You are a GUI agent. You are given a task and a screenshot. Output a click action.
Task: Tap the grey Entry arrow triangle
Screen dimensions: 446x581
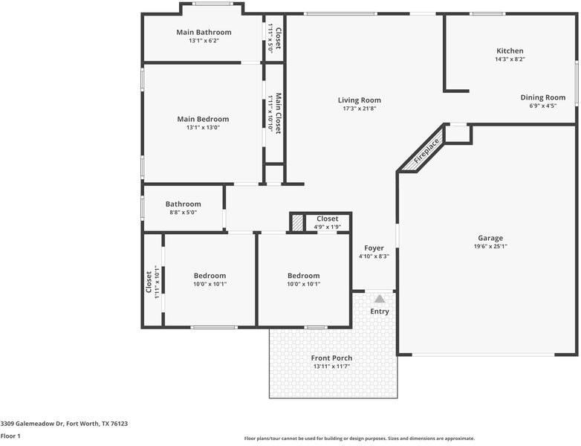pos(380,298)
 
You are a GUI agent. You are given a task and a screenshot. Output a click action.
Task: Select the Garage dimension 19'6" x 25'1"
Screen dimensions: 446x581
pos(490,247)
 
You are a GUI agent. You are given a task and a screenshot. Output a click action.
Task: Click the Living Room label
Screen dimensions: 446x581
pos(359,100)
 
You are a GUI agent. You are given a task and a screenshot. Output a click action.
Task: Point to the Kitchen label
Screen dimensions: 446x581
pos(510,51)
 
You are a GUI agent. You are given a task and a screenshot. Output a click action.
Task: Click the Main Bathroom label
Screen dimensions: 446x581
pos(204,32)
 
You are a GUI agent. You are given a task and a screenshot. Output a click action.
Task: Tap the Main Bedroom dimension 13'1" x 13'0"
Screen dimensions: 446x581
pos(203,127)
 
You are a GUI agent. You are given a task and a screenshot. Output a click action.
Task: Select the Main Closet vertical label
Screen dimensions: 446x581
pos(279,113)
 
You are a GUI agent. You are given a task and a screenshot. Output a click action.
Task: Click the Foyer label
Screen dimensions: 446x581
pos(374,248)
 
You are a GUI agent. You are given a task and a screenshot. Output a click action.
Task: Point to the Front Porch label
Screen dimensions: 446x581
pos(331,358)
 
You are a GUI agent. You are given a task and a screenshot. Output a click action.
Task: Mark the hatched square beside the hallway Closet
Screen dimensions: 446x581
pos(297,222)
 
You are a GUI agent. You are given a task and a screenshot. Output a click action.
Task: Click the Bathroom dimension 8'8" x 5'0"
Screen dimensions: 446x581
pos(183,213)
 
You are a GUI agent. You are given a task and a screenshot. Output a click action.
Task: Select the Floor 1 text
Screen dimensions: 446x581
pos(10,436)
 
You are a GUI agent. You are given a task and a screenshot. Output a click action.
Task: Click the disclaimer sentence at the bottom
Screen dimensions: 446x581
pos(360,439)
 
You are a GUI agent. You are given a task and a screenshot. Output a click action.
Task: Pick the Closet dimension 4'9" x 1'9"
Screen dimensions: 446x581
pos(328,227)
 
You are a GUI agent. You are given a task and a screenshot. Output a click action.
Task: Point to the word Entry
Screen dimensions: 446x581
pos(380,311)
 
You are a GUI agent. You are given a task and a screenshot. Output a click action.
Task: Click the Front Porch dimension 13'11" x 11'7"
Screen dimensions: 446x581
pos(331,367)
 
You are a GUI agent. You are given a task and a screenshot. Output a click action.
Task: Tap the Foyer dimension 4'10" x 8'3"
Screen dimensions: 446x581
pos(374,256)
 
